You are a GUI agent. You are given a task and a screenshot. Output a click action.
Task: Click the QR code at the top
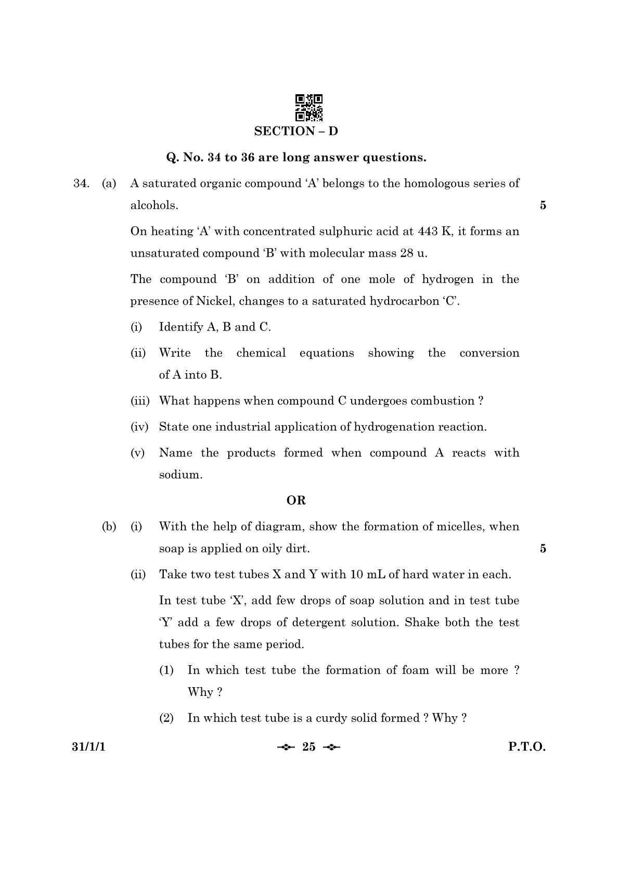click(309, 107)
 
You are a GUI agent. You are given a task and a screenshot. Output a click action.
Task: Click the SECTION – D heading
click(296, 131)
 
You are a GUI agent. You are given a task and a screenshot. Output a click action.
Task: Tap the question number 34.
click(81, 183)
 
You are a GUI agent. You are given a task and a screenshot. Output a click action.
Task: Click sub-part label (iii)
click(139, 401)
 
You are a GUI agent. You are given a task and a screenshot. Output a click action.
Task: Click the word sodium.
click(180, 475)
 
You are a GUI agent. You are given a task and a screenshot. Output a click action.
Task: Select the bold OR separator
click(296, 500)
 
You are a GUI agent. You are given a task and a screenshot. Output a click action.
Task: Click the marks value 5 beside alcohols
click(543, 205)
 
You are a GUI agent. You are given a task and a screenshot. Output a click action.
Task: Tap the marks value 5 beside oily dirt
click(543, 548)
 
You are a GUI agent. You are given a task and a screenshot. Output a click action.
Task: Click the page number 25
click(308, 747)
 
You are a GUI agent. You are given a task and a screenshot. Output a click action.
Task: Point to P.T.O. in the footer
click(527, 747)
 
